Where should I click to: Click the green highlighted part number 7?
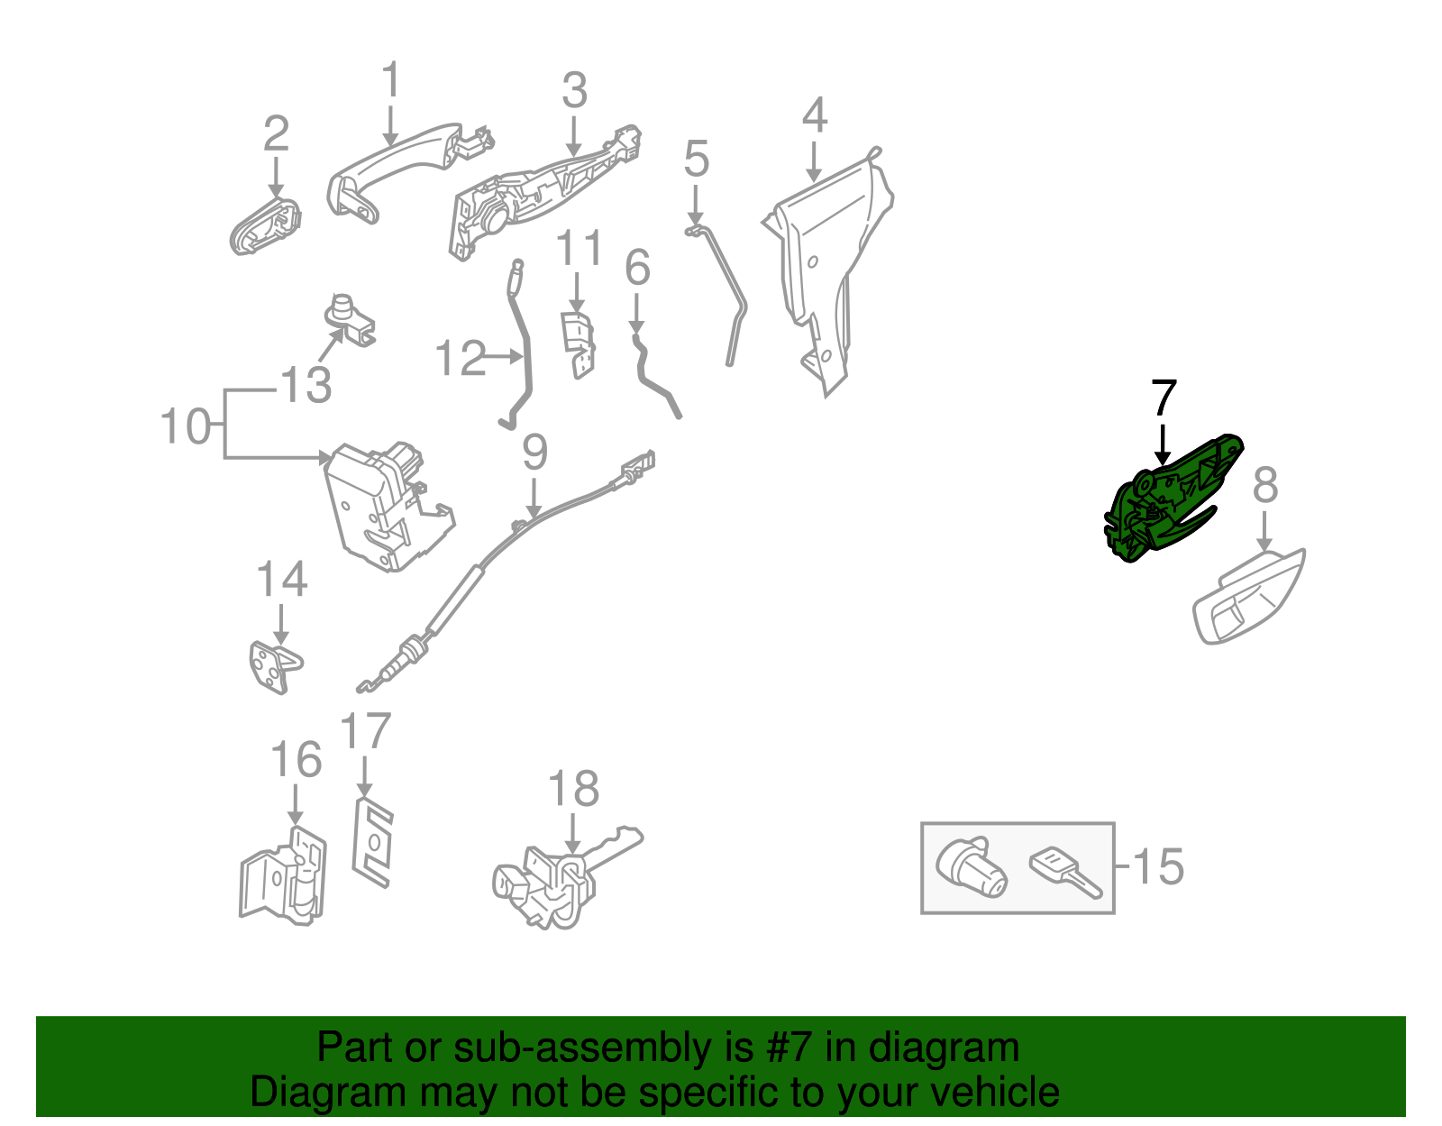coord(1163,505)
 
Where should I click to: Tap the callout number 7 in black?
coord(1164,398)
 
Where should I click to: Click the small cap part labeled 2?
coord(265,225)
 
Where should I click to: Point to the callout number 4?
coord(814,115)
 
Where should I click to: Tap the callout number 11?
coord(578,248)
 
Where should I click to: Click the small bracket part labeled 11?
coord(578,343)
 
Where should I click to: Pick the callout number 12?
coord(460,358)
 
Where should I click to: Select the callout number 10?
coord(185,426)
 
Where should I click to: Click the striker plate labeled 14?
coord(273,667)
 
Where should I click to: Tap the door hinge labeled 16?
coord(284,874)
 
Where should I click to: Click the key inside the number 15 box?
coord(1063,870)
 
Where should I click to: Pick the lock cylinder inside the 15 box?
coord(971,867)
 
